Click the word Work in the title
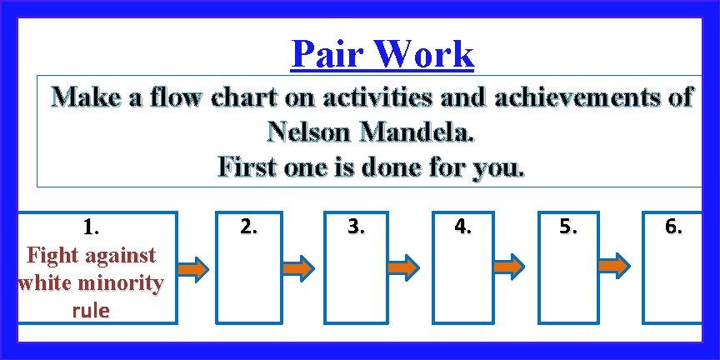[425, 55]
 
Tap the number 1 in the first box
[89, 227]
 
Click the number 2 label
[248, 226]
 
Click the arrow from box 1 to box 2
[193, 270]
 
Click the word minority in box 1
[119, 282]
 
